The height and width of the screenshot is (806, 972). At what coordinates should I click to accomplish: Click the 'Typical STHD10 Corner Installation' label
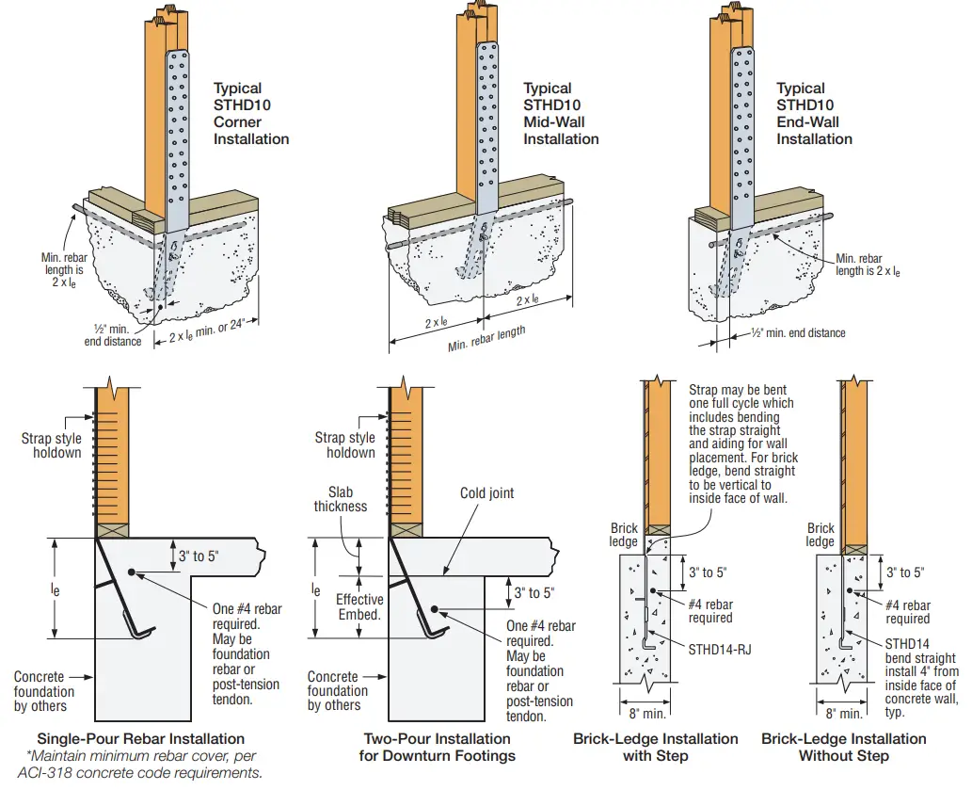coord(250,114)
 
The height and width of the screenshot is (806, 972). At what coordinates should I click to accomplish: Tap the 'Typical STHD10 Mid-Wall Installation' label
coord(561,114)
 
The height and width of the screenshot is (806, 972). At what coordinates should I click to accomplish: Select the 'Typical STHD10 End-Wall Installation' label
coord(814,114)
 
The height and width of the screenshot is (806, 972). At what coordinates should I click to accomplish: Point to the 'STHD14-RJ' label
coord(718,648)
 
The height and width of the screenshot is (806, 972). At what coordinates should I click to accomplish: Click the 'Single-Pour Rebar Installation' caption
coord(140,738)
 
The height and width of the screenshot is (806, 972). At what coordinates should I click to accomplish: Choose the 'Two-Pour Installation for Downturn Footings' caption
coord(437,747)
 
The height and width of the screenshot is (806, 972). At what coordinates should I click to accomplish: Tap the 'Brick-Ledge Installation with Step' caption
coord(655,747)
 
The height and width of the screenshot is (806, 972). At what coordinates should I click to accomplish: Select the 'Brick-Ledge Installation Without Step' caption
coord(843,747)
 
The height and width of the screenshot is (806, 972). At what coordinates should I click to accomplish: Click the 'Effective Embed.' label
coord(360,606)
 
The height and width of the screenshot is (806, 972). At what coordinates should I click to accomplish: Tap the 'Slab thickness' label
coord(346,500)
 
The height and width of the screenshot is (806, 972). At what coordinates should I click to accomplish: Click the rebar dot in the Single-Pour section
coord(133,572)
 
